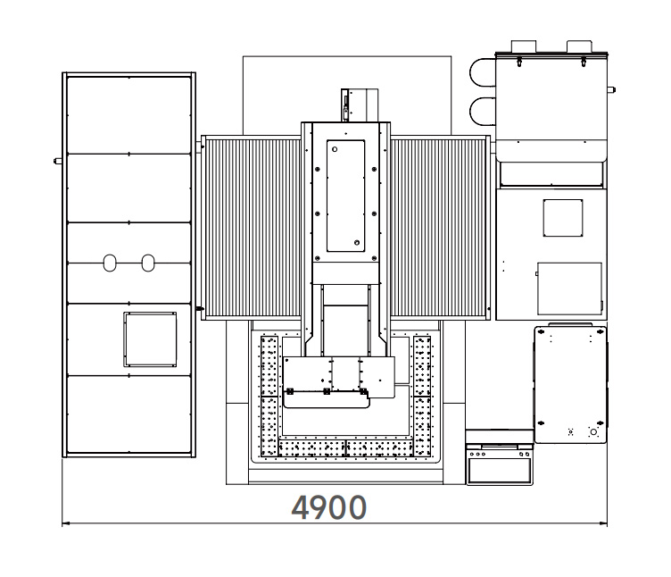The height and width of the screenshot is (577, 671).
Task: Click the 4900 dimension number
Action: click(328, 507)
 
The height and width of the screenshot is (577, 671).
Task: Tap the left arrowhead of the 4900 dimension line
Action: click(65, 523)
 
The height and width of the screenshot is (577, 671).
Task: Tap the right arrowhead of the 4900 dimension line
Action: click(604, 523)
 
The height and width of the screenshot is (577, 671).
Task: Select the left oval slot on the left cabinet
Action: click(110, 263)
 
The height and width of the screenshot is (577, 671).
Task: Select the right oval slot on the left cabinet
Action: click(148, 263)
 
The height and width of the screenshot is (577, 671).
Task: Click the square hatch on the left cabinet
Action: click(150, 339)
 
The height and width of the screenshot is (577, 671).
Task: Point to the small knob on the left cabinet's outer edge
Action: click(58, 162)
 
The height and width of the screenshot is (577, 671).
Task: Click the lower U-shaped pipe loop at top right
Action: click(482, 112)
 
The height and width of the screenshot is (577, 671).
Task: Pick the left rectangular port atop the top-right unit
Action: click(524, 46)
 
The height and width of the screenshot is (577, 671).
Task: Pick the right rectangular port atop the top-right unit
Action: click(579, 46)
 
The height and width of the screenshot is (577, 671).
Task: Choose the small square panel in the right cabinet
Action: click(563, 218)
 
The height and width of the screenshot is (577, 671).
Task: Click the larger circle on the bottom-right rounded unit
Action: click(593, 431)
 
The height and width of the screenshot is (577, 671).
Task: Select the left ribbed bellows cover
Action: click(253, 228)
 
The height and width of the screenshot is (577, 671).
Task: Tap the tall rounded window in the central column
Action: click(346, 196)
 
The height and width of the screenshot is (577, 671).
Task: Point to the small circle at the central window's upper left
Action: click(335, 149)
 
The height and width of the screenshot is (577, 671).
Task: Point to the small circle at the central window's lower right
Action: click(357, 243)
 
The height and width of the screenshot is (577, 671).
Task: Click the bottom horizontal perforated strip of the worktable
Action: click(346, 448)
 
